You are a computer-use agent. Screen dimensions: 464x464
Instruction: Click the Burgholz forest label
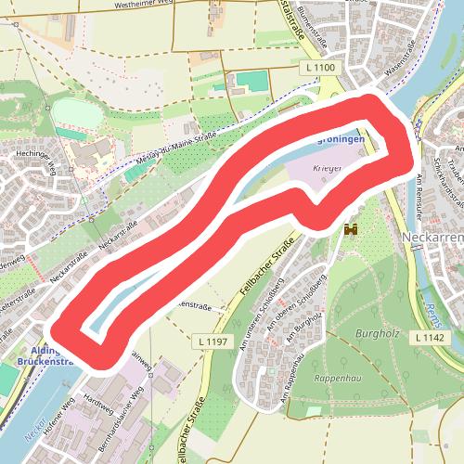coord(375,330)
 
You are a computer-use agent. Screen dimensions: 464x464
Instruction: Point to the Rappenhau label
coord(336,379)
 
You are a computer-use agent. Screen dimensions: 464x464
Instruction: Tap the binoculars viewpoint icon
coord(352,228)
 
